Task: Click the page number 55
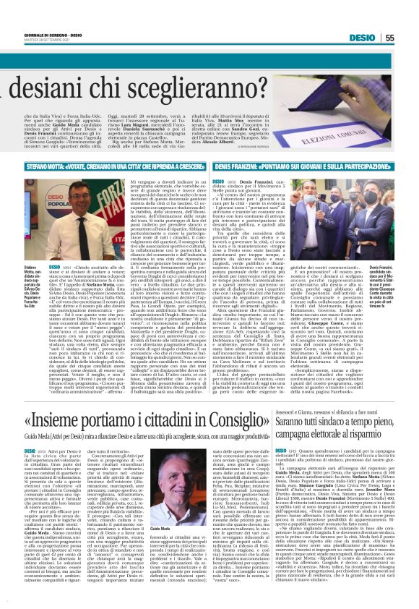pos(409,37)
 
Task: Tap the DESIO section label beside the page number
pos(383,37)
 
